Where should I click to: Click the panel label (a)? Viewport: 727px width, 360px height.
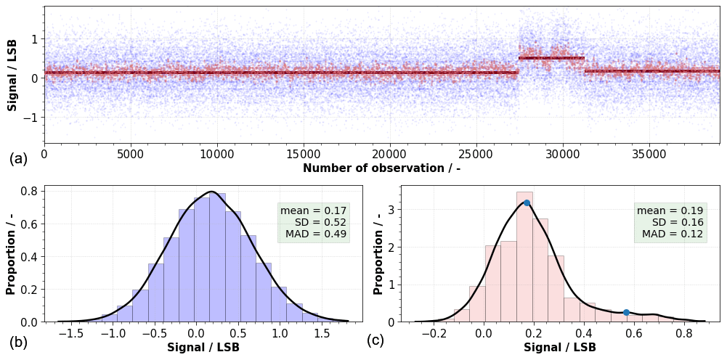click(18, 159)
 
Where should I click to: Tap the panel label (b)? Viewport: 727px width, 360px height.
click(18, 340)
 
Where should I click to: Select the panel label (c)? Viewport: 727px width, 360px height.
click(375, 340)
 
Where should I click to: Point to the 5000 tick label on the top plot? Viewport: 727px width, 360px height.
click(131, 155)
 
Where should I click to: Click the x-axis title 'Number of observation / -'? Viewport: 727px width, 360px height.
click(381, 168)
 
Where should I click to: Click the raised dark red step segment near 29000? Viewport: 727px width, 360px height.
click(551, 58)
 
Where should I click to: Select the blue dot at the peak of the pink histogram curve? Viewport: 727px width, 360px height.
click(527, 202)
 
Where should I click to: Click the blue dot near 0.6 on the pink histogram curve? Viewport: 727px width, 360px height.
click(626, 312)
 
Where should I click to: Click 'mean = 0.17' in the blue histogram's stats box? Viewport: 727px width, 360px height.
click(314, 210)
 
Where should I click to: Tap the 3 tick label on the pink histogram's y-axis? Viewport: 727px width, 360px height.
click(391, 210)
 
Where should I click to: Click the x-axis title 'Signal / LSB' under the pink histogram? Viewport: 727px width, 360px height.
click(560, 348)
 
